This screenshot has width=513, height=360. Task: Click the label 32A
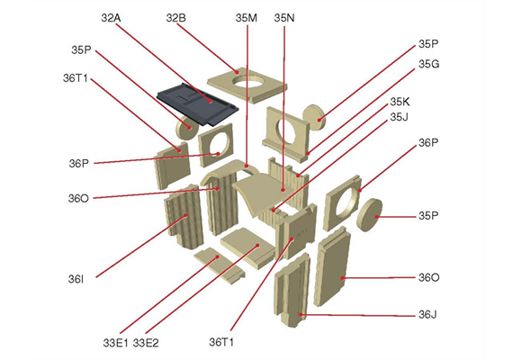tap(111, 18)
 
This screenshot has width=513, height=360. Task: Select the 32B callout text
tap(175, 18)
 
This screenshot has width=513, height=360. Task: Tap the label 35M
tap(246, 18)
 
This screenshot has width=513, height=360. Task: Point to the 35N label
tap(284, 18)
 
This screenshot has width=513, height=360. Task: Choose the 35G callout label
tap(428, 64)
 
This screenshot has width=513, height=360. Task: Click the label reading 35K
tap(400, 102)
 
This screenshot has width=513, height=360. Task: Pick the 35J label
tap(399, 117)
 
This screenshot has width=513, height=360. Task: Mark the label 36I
tap(76, 279)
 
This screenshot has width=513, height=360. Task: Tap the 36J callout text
tap(427, 315)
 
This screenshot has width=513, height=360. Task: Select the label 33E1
tap(115, 343)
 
